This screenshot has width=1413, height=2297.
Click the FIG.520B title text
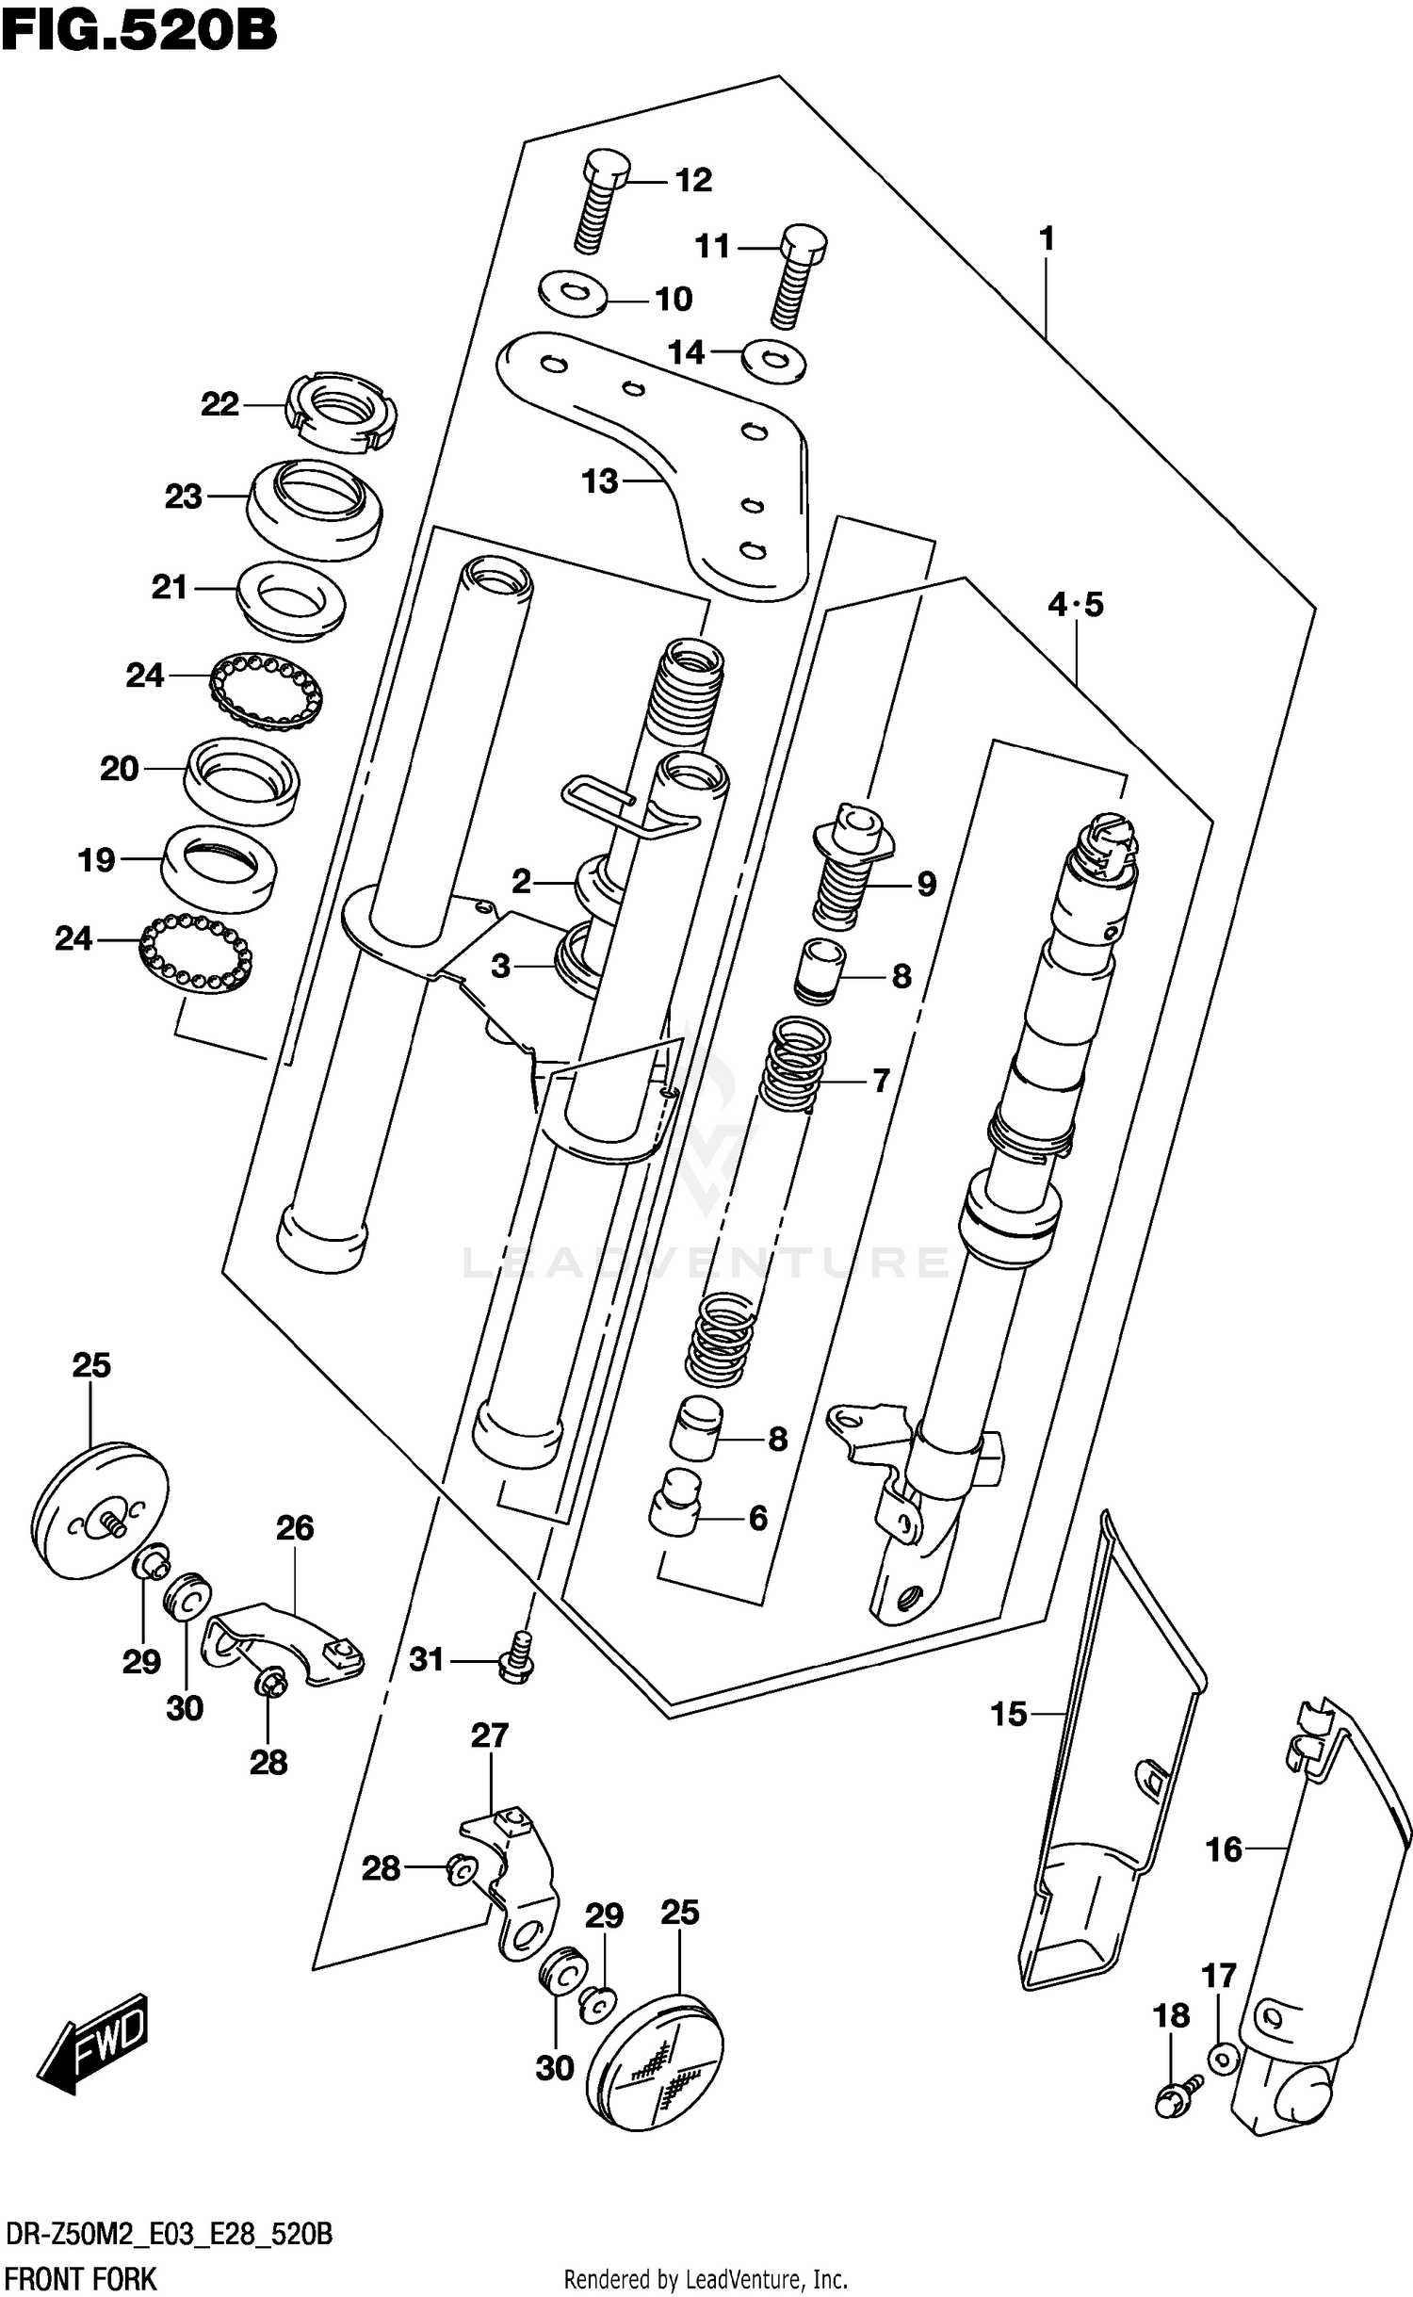[139, 30]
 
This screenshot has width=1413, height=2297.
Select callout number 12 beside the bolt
[693, 180]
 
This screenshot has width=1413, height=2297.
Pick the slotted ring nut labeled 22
[340, 413]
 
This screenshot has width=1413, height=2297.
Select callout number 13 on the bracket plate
[599, 481]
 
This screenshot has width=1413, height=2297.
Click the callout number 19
[96, 859]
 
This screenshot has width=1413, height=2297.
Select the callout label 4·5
[1075, 604]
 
